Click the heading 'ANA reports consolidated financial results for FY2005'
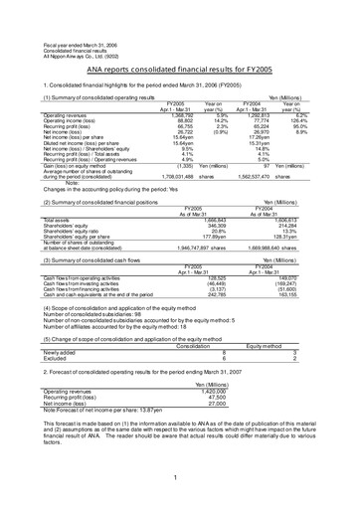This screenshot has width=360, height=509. (x=180, y=56)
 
